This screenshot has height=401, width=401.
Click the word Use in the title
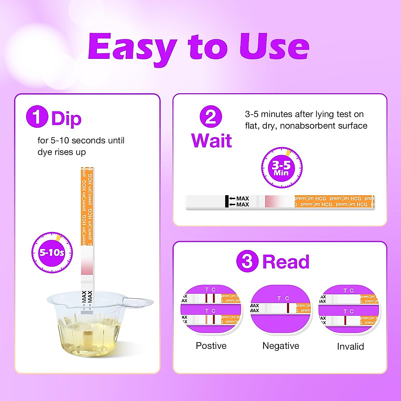(x=274, y=47)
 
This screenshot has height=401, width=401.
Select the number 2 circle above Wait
(x=211, y=117)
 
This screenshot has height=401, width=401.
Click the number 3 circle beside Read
(x=247, y=261)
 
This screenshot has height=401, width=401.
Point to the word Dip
(x=66, y=119)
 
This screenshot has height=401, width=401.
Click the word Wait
(x=212, y=140)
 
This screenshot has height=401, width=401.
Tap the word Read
(x=286, y=262)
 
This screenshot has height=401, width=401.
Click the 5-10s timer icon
(x=52, y=253)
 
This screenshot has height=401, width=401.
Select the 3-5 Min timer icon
(x=282, y=168)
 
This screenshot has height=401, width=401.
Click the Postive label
(x=211, y=346)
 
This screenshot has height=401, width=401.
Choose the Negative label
(x=281, y=346)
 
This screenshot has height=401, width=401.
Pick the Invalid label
(x=350, y=347)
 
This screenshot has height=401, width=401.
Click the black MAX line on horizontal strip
(x=227, y=202)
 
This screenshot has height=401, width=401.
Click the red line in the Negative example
(x=288, y=308)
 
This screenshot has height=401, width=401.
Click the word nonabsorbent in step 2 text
(x=308, y=126)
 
